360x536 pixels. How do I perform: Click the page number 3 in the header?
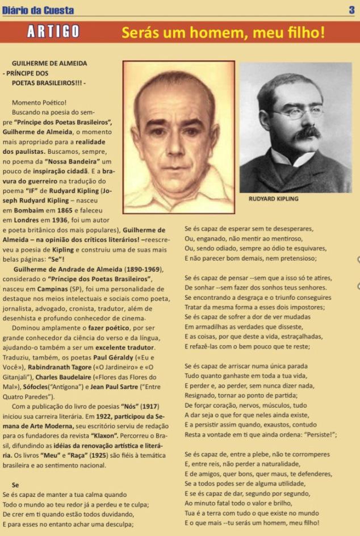point(352,10)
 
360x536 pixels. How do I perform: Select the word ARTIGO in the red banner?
point(54,32)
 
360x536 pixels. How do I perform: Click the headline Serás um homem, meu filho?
point(223,33)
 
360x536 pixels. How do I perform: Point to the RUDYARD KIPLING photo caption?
point(273,199)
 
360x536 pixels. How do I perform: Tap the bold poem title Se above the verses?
point(15,485)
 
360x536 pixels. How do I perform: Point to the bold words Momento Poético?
point(39,103)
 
